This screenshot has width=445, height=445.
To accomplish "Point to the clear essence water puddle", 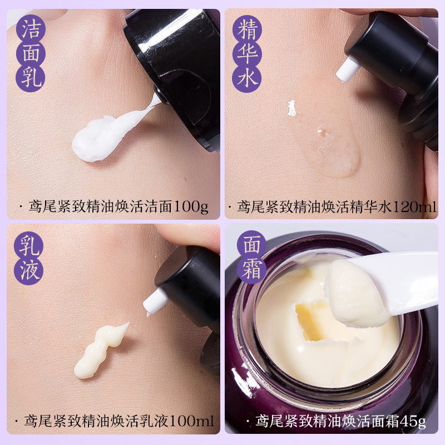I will (x=328, y=142).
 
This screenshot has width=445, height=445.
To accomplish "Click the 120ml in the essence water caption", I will (x=414, y=207).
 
